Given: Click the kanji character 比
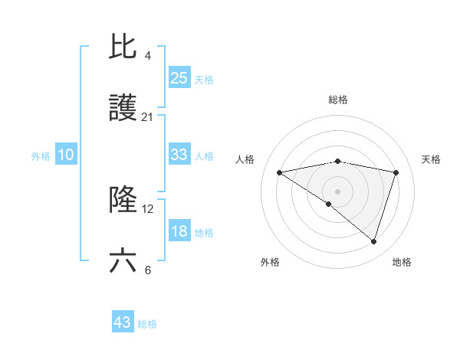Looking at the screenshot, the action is (x=123, y=47).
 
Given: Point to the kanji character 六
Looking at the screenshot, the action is (x=123, y=261).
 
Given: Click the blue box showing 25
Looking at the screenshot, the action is (x=179, y=78).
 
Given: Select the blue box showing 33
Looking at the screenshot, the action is (x=179, y=155).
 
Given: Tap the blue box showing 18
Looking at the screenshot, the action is (x=179, y=231).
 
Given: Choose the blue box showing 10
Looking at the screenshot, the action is (x=66, y=155).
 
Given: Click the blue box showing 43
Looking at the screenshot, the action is (x=123, y=322).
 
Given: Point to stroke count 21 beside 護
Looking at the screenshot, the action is (x=148, y=117).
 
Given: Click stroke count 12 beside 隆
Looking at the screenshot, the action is (x=148, y=208).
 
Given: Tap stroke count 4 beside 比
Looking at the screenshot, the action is (x=147, y=55).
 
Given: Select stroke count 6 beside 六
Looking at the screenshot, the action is (x=147, y=270).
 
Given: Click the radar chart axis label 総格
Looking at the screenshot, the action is (x=338, y=100).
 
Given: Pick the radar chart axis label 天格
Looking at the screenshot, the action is (x=431, y=159).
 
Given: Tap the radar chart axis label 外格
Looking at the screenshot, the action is (x=270, y=262).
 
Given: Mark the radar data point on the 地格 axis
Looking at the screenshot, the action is (x=373, y=242).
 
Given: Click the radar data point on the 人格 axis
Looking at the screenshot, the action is (x=279, y=172).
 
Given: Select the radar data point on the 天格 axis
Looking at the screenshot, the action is (x=396, y=172).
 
